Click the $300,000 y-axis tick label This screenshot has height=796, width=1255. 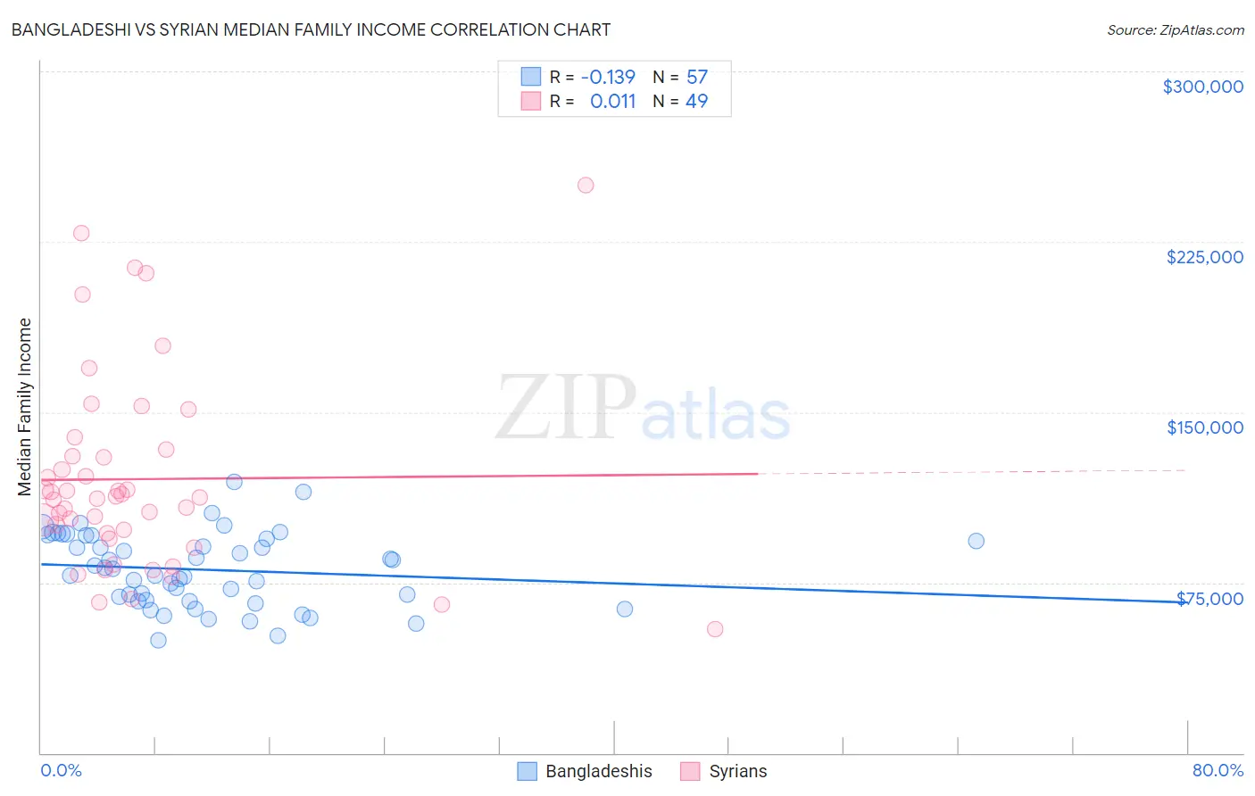[1202, 87]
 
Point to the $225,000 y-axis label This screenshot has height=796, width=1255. [1204, 257]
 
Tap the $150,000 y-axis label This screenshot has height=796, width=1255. [1204, 427]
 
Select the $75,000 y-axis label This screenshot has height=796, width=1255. [1209, 599]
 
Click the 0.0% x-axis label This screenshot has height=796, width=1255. [61, 770]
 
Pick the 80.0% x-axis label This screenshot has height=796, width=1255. [1218, 770]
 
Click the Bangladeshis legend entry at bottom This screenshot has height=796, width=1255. [586, 771]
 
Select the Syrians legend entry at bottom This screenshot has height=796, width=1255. [724, 771]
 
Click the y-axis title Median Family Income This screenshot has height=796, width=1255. [25, 406]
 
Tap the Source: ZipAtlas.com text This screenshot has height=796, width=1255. [1175, 30]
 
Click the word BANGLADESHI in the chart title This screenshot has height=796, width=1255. [75, 29]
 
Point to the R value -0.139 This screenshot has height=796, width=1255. [608, 77]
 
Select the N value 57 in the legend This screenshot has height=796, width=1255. [696, 77]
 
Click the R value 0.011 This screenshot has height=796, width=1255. [612, 101]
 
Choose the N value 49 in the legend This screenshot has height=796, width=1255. [696, 101]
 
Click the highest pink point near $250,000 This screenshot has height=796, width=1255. [586, 186]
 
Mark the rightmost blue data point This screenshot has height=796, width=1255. [976, 541]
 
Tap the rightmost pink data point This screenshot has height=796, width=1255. [715, 629]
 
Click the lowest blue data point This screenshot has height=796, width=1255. [158, 640]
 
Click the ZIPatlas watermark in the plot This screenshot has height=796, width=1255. [643, 408]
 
